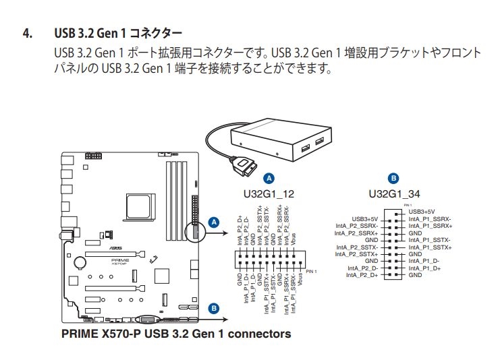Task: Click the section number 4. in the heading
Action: click(x=28, y=33)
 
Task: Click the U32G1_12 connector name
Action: click(x=269, y=194)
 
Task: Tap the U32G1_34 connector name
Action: click(x=394, y=194)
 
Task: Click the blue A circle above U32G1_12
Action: click(x=269, y=179)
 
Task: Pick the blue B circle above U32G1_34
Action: click(x=394, y=179)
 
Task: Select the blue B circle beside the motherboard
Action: click(x=214, y=309)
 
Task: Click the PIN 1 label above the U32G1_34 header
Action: click(x=408, y=204)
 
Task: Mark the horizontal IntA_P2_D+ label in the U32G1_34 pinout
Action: click(x=362, y=275)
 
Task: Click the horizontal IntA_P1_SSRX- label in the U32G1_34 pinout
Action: click(x=431, y=219)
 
